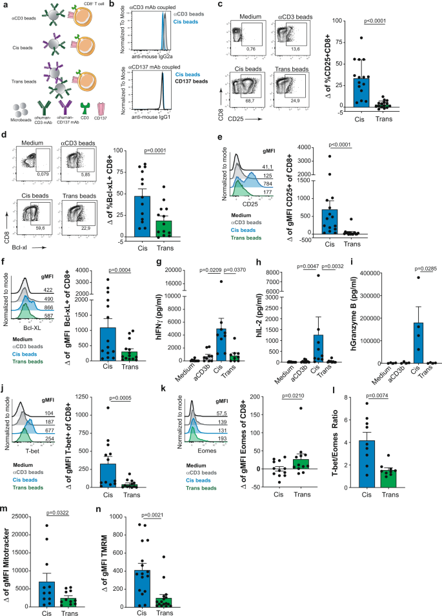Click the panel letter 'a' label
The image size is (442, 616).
point(5,5)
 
